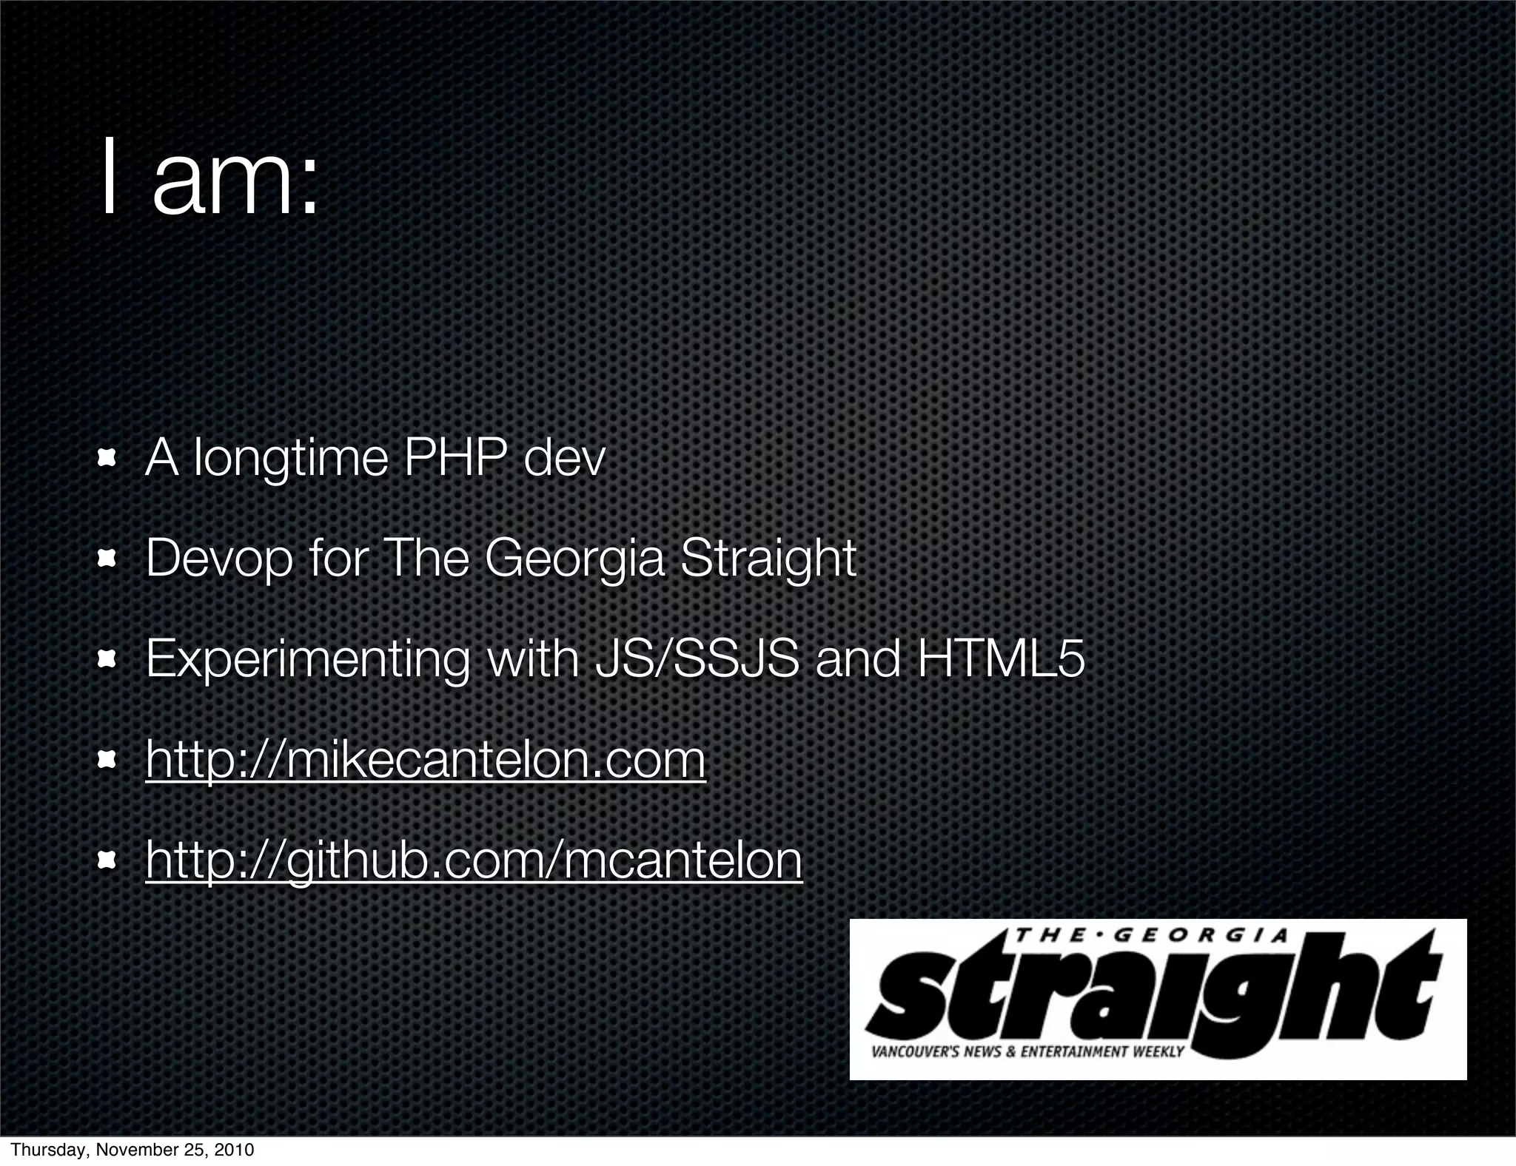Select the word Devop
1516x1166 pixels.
[219, 559]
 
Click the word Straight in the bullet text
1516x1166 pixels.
[768, 559]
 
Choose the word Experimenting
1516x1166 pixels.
[307, 660]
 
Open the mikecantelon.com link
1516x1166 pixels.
[426, 760]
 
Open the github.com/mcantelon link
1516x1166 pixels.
[474, 860]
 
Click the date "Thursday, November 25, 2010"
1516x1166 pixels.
[133, 1150]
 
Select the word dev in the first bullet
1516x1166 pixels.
[564, 459]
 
